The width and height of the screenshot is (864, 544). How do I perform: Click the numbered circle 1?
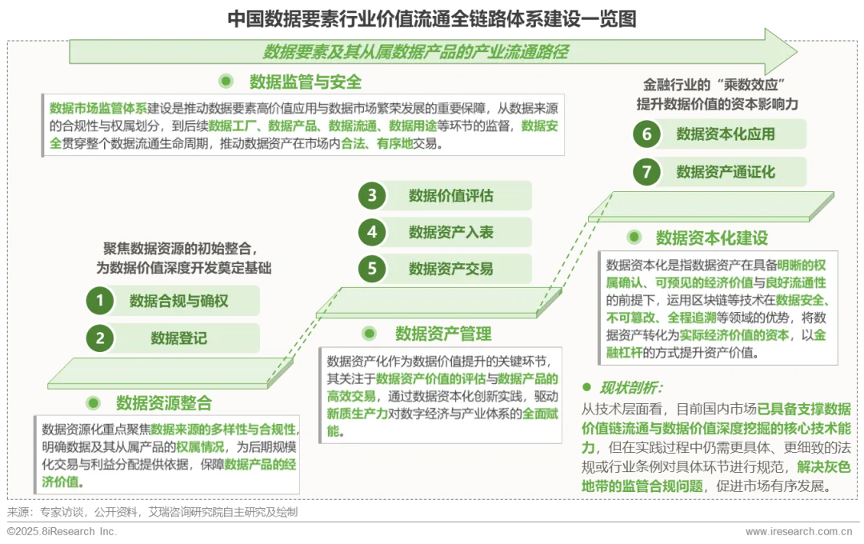click(x=100, y=301)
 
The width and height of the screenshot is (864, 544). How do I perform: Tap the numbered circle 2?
click(x=100, y=338)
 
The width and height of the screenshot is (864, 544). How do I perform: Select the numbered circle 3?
click(x=372, y=196)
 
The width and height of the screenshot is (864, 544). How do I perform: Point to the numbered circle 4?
click(x=372, y=232)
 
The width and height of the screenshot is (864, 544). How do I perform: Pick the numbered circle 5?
click(x=372, y=269)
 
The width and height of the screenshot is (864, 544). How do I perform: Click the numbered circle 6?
click(x=647, y=134)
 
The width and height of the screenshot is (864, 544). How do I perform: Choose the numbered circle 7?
click(x=647, y=171)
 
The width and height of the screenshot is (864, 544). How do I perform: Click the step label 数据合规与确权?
click(x=179, y=301)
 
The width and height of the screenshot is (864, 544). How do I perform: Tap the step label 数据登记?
click(x=179, y=338)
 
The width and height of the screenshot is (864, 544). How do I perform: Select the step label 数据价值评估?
click(x=451, y=196)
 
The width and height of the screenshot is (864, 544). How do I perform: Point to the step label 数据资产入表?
click(x=451, y=232)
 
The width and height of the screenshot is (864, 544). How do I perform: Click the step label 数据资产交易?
click(x=451, y=269)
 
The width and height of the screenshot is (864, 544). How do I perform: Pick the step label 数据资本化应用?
click(x=726, y=134)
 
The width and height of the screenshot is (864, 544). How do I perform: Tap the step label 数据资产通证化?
click(x=726, y=171)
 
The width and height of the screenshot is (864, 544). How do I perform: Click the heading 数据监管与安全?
click(x=306, y=82)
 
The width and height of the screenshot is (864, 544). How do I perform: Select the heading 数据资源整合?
click(x=164, y=402)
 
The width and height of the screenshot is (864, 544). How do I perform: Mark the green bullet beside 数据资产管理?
click(x=370, y=334)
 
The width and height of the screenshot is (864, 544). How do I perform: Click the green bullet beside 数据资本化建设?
click(x=634, y=238)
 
